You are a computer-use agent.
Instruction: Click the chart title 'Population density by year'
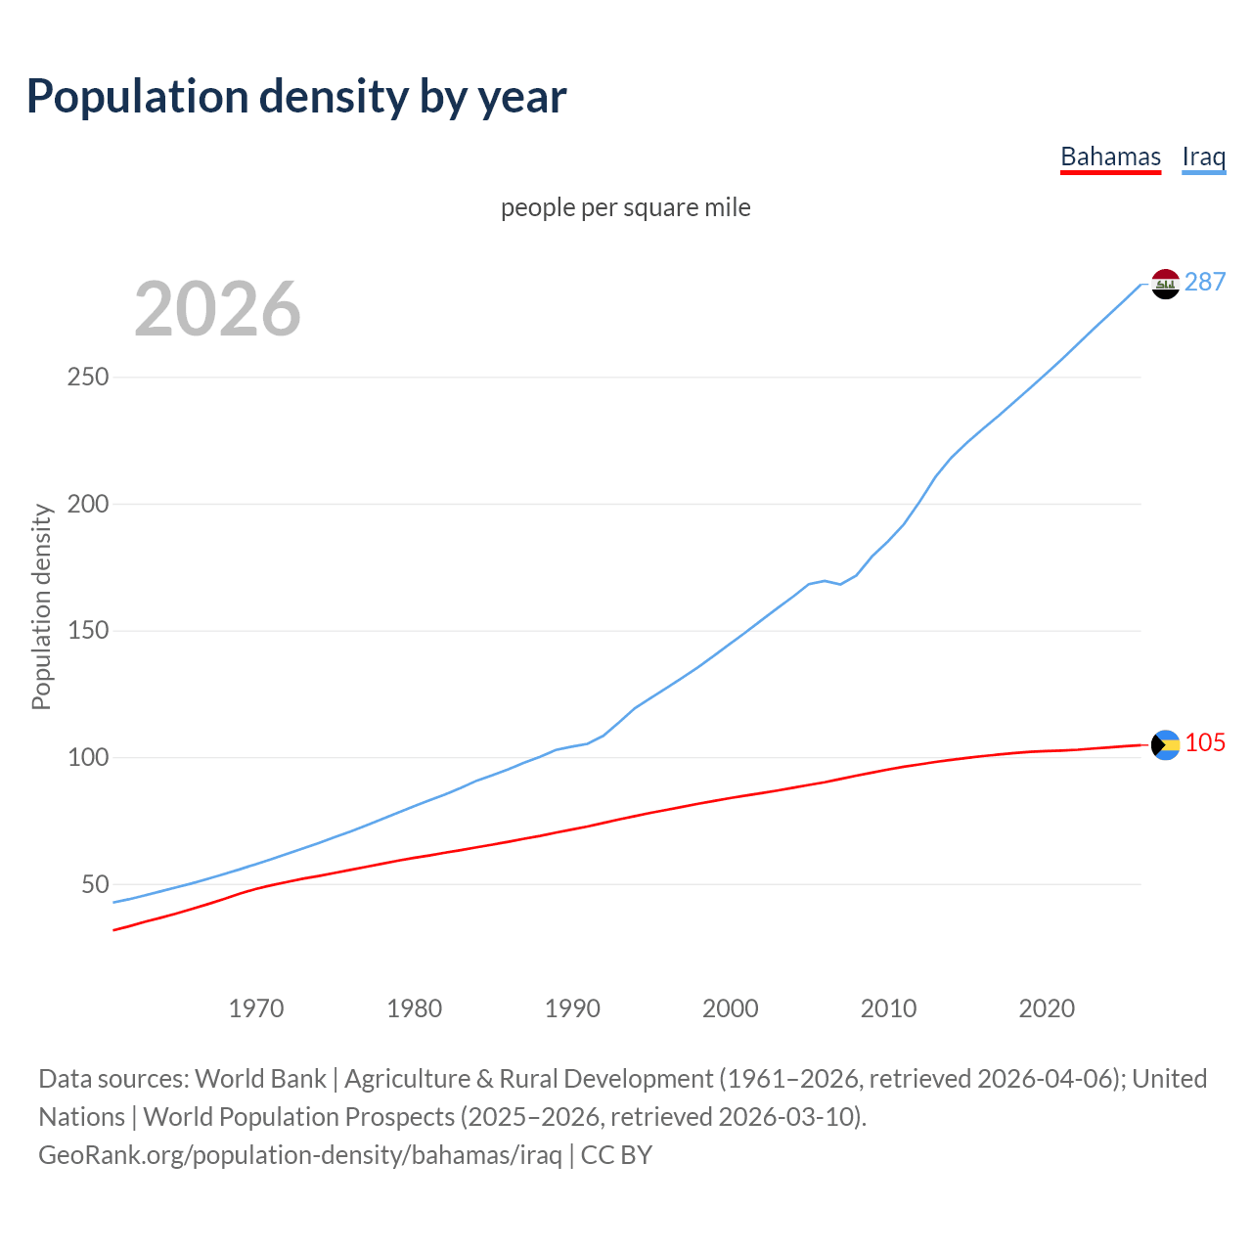point(296,96)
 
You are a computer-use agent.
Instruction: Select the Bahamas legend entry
point(1110,156)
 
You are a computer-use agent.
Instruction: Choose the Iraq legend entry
point(1203,156)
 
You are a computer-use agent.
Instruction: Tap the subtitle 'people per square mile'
point(626,207)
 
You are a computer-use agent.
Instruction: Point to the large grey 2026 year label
point(217,309)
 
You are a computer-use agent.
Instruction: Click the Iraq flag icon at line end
point(1165,284)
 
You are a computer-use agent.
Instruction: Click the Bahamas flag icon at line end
point(1165,744)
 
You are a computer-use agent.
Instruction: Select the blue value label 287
point(1205,282)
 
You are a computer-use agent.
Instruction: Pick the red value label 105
point(1205,742)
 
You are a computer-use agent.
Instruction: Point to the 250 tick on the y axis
point(88,377)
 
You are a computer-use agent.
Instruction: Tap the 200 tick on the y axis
point(88,504)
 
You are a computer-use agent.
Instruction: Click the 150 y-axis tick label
point(88,631)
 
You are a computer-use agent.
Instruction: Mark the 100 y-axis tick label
point(88,757)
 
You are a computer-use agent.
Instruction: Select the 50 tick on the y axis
point(95,884)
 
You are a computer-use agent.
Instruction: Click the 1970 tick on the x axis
point(256,1008)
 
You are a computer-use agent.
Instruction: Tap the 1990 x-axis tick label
point(572,1008)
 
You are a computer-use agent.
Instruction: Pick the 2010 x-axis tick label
point(888,1008)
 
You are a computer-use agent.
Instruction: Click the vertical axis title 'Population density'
point(41,606)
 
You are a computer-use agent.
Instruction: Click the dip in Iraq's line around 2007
point(840,584)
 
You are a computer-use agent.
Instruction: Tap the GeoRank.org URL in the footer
point(300,1155)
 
